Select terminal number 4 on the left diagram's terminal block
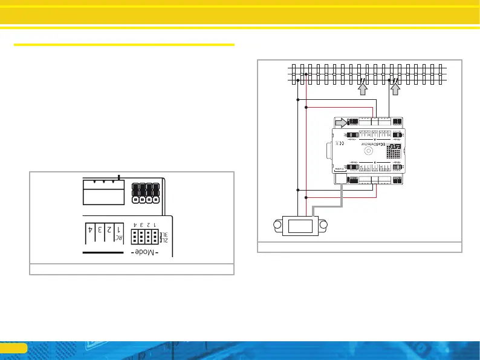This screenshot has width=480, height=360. click(89, 230)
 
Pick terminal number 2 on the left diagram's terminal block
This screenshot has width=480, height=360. click(109, 230)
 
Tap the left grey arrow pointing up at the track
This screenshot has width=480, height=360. click(363, 89)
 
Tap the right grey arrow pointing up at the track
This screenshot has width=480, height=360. click(396, 89)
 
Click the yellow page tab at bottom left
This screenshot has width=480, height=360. click(13, 348)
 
